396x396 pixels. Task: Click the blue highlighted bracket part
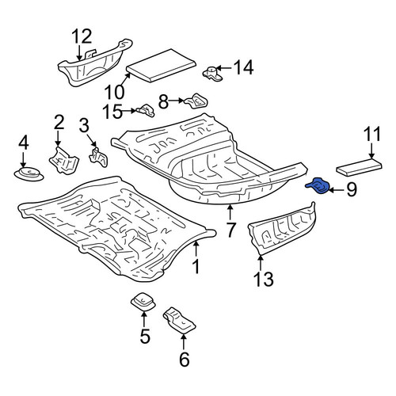coord(318,185)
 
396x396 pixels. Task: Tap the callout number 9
coord(352,189)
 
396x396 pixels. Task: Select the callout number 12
coord(82,36)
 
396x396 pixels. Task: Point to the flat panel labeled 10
coord(161,65)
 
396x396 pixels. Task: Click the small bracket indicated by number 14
coord(213,73)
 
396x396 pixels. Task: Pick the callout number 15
coord(112,112)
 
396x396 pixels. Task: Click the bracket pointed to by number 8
coord(196,101)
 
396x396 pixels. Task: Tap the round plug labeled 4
coord(29,174)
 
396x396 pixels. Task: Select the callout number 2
coord(59,122)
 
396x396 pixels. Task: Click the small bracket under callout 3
coord(99,158)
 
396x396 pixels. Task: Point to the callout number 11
coord(371,135)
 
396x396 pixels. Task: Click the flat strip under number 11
coord(359,167)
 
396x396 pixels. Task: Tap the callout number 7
coord(230,230)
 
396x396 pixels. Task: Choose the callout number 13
coord(264,279)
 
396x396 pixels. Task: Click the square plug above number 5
coord(143,303)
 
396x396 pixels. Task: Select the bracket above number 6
coord(179,320)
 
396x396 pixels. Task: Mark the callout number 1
coord(196,266)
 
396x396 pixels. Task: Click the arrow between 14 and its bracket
coord(223,68)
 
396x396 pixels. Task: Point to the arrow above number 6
coord(184,341)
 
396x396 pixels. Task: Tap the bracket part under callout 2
coord(64,161)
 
